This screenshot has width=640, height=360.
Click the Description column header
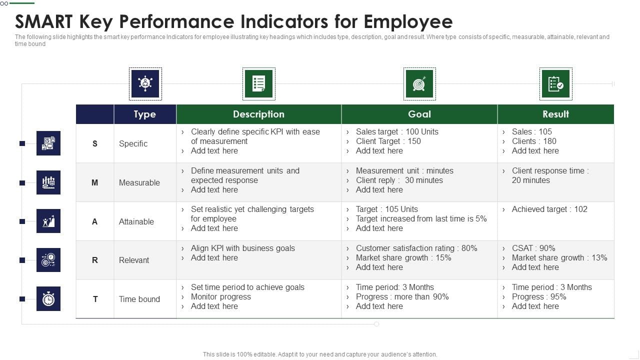[x=258, y=114]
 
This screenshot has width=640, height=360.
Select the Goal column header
[x=419, y=114]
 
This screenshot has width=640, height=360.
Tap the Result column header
[x=555, y=114]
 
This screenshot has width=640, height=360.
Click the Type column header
[x=144, y=114]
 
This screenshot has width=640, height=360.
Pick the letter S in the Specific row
[x=95, y=143]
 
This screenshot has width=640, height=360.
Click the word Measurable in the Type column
[x=139, y=182]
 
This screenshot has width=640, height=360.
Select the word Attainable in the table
[x=136, y=221]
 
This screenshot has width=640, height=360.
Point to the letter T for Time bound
[x=95, y=299]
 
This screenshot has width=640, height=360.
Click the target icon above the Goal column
[x=419, y=84]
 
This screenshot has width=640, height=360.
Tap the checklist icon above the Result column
[x=555, y=84]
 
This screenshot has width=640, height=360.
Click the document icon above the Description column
[x=258, y=84]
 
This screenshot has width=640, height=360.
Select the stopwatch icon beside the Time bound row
[x=48, y=299]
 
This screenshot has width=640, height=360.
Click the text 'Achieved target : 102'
[x=549, y=209]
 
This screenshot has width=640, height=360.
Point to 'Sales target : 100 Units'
[x=396, y=132]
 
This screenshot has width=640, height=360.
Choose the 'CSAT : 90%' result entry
[x=533, y=248]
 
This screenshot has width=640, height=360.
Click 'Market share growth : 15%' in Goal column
[x=403, y=258]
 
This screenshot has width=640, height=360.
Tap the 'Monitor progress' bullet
[x=220, y=297]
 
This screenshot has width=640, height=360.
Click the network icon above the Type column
[x=145, y=84]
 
